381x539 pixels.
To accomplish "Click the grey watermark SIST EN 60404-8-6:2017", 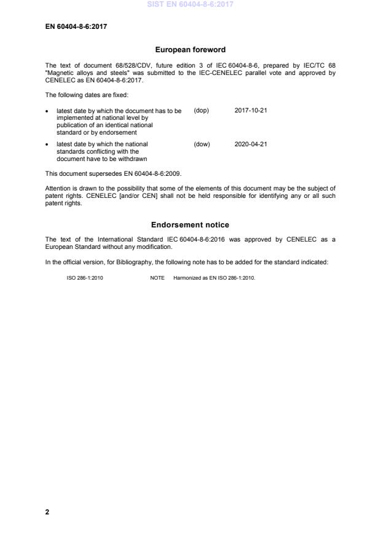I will pyautogui.click(x=190, y=4).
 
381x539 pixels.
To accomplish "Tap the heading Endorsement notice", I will pyautogui.click(x=190, y=225).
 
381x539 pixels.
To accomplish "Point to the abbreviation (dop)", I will pyautogui.click(x=202, y=111).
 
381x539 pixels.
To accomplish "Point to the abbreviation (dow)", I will pyautogui.click(x=202, y=144).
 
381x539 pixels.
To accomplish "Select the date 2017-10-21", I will pyautogui.click(x=251, y=111).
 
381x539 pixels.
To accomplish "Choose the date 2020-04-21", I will pyautogui.click(x=251, y=144).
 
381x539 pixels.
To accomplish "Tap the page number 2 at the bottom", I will pyautogui.click(x=47, y=511).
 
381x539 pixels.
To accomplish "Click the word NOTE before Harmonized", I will pyautogui.click(x=157, y=277).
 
